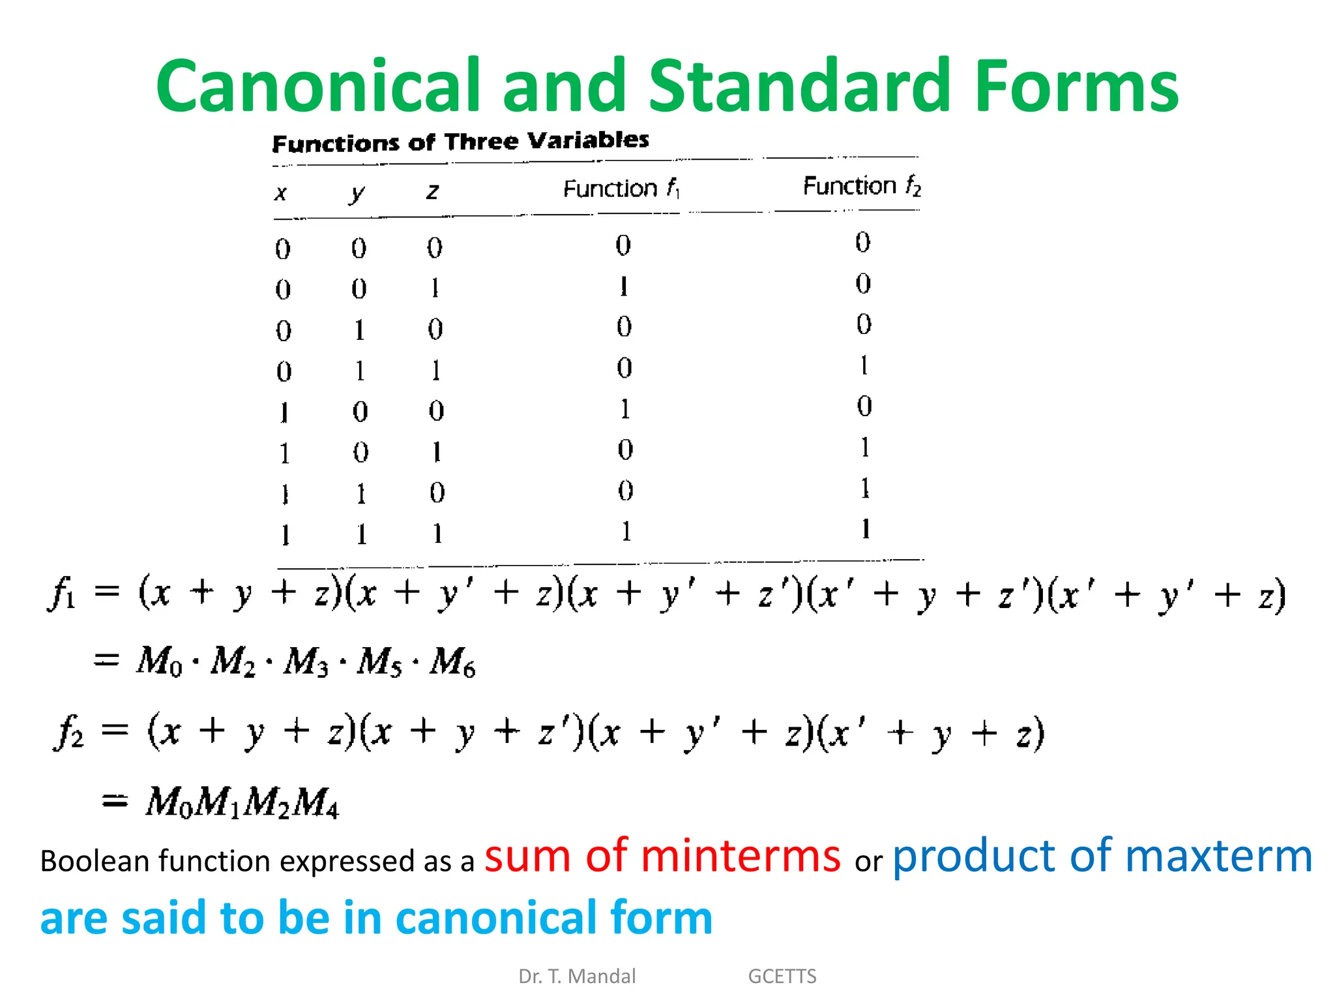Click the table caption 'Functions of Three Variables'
[x=460, y=142]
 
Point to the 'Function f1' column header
[x=621, y=189]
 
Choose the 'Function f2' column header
[x=862, y=187]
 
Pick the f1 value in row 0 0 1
[x=624, y=286]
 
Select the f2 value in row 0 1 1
[x=864, y=365]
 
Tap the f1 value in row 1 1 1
[x=626, y=532]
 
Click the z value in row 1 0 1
[x=437, y=451]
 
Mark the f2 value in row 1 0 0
[x=864, y=406]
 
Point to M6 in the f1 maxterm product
[x=452, y=662]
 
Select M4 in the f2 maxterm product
[x=316, y=803]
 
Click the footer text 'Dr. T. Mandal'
[x=577, y=976]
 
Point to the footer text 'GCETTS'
[x=782, y=976]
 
